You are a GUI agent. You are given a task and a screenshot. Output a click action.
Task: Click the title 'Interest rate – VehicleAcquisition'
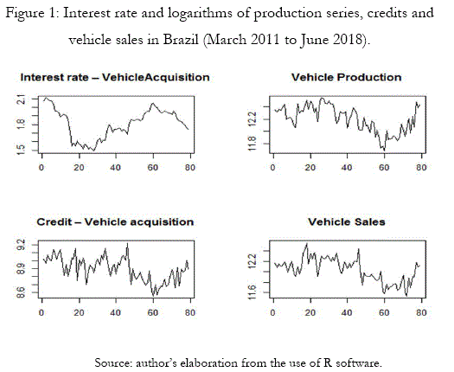(115, 77)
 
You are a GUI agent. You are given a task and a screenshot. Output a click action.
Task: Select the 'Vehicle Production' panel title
(347, 77)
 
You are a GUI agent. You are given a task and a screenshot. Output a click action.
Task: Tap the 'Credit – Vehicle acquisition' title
(115, 222)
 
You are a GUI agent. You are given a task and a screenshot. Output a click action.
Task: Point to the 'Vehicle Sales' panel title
(347, 222)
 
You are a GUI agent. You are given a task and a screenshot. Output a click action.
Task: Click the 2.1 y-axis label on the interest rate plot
(22, 100)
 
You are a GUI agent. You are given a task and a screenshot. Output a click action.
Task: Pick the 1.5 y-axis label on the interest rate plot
(22, 150)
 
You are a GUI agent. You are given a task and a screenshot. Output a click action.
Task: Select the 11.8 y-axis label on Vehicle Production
(253, 143)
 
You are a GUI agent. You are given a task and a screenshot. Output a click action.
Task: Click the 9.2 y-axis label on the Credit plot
(22, 245)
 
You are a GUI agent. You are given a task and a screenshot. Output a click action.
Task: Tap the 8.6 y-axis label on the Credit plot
(22, 292)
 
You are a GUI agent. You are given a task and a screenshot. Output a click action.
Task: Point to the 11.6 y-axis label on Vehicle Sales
(253, 292)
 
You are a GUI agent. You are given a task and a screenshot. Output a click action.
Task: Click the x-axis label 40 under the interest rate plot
(116, 168)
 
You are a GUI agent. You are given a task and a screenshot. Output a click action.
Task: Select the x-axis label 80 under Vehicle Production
(421, 168)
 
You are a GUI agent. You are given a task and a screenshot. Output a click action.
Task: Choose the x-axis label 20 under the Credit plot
(79, 313)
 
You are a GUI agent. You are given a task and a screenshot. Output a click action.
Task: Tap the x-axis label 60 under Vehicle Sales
(384, 313)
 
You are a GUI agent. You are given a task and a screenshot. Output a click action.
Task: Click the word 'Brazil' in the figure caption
(181, 40)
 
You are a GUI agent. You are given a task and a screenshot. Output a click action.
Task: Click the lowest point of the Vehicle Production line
(384, 150)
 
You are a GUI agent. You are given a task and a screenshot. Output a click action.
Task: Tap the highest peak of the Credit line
(127, 244)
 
